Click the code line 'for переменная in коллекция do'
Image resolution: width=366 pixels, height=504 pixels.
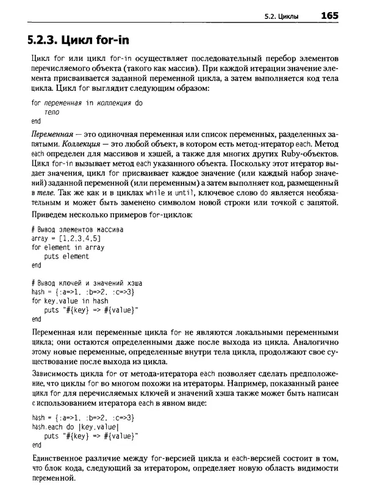pos(87,104)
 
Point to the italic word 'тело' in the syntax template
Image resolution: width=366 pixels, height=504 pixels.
pos(52,113)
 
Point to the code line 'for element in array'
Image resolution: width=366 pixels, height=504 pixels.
pos(67,247)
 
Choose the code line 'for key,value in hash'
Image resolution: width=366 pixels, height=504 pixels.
pos(70,301)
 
